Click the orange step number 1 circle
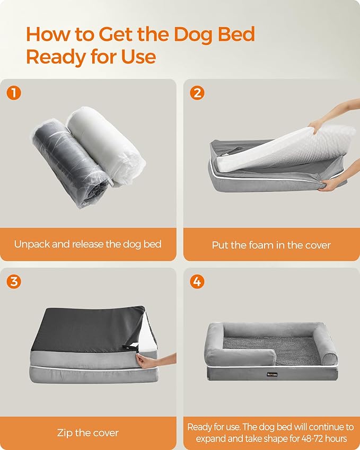[x=14, y=93]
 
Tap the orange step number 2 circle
[x=197, y=93]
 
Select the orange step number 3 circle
[x=14, y=281]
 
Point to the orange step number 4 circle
[x=197, y=281]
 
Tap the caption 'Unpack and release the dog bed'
[x=88, y=244]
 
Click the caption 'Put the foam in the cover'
[x=271, y=245]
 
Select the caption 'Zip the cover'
[x=88, y=433]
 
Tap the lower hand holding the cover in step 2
[x=331, y=184]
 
